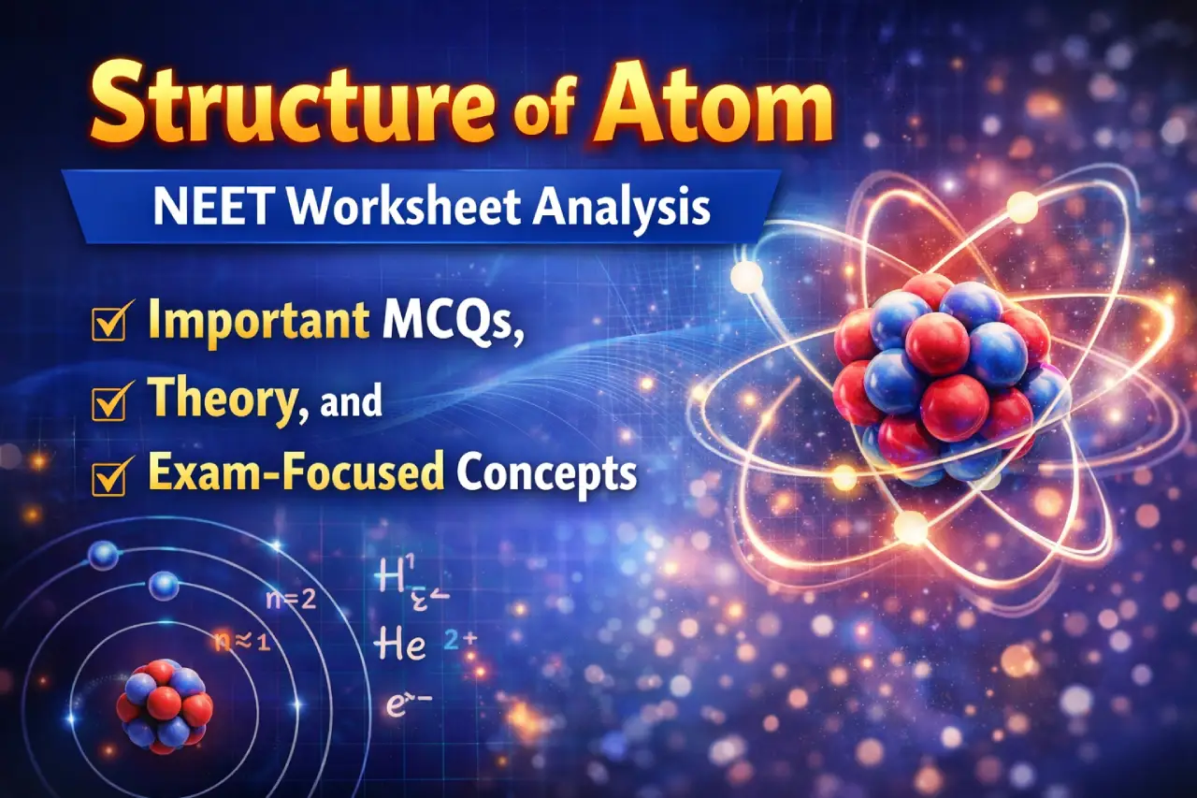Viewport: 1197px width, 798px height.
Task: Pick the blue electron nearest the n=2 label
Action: coord(164,587)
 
